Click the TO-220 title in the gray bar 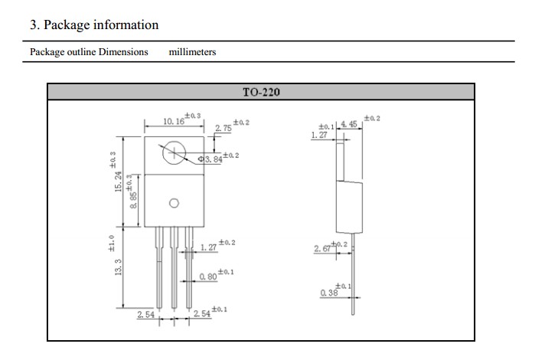coord(261,92)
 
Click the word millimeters coord(192,52)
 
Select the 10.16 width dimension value coord(174,121)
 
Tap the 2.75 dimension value coord(223,128)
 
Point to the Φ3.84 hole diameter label coord(210,159)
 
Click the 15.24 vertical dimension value coord(118,182)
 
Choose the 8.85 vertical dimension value coord(133,200)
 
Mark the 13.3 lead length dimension coord(118,267)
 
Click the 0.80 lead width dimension coord(208,277)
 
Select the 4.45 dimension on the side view coord(349,124)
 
